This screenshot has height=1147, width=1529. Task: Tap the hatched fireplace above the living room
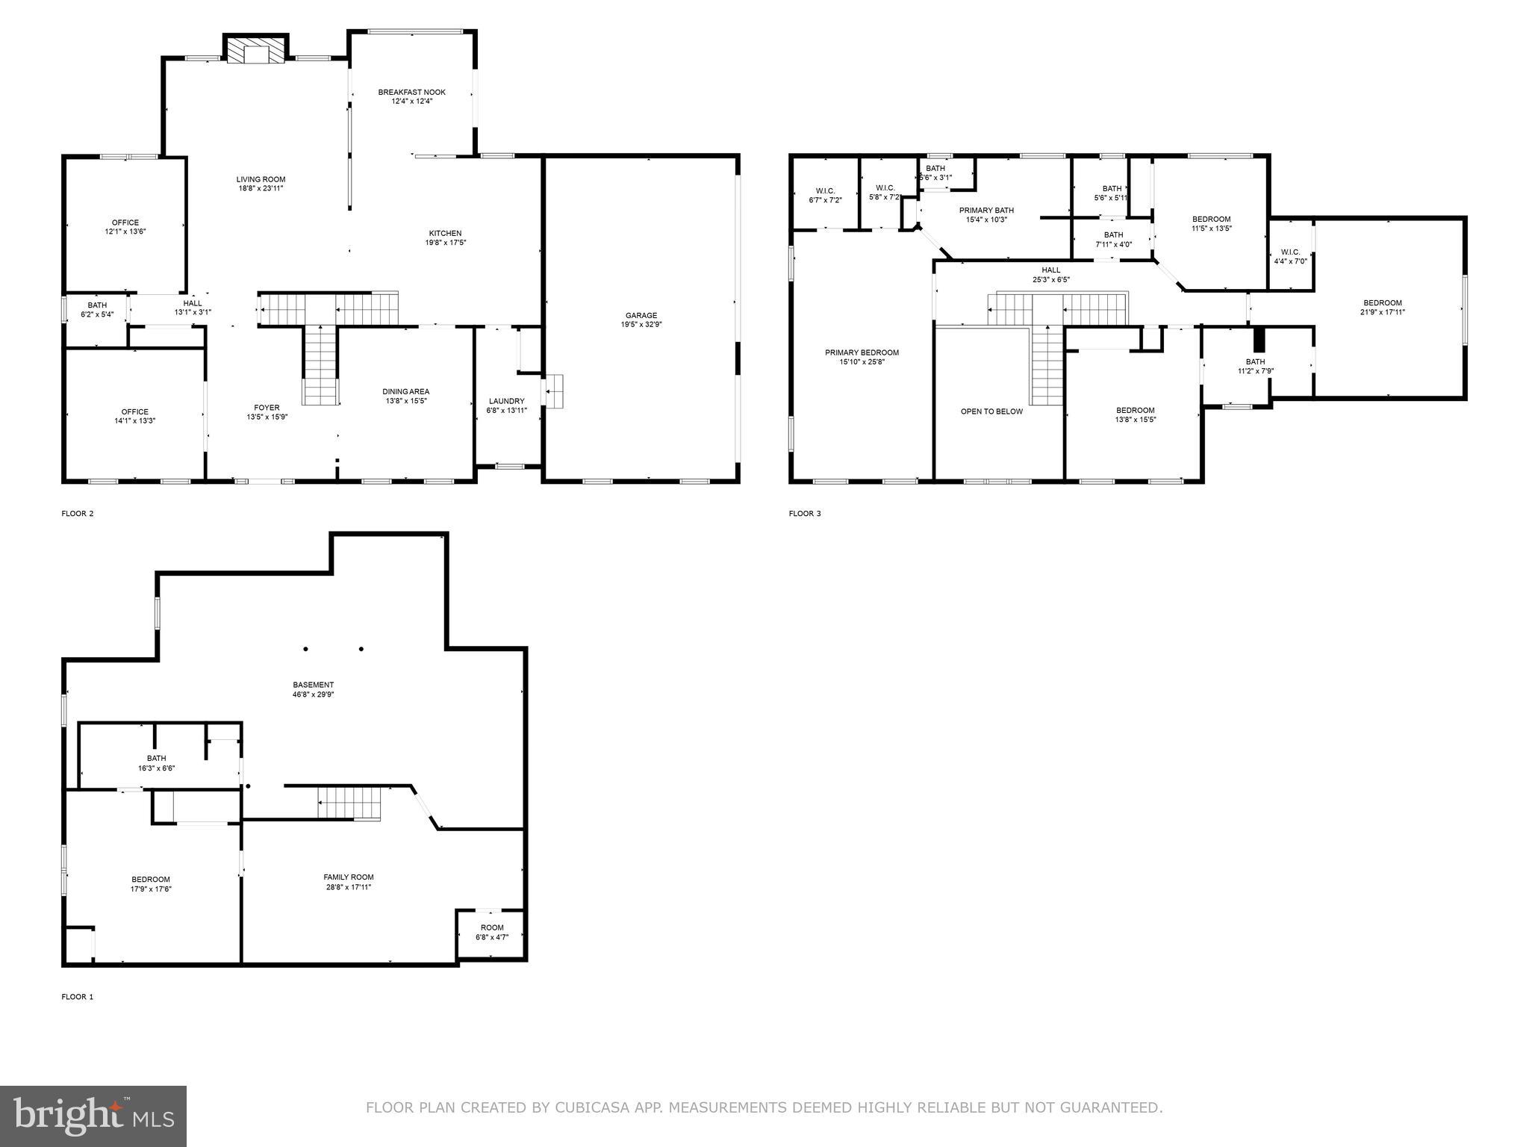click(256, 51)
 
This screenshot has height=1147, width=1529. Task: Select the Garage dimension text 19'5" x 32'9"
click(641, 325)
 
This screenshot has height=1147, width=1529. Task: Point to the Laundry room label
click(506, 401)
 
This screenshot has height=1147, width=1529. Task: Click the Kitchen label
click(445, 233)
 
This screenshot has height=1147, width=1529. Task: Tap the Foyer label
click(267, 408)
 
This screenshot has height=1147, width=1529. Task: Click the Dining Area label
click(405, 391)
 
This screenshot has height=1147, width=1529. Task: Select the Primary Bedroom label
click(862, 352)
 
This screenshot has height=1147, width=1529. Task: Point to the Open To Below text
click(991, 411)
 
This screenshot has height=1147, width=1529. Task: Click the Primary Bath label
click(986, 211)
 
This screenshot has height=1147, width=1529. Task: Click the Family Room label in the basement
click(348, 877)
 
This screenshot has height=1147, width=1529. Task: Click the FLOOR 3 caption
click(804, 514)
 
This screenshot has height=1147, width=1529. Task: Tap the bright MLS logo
click(93, 1116)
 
